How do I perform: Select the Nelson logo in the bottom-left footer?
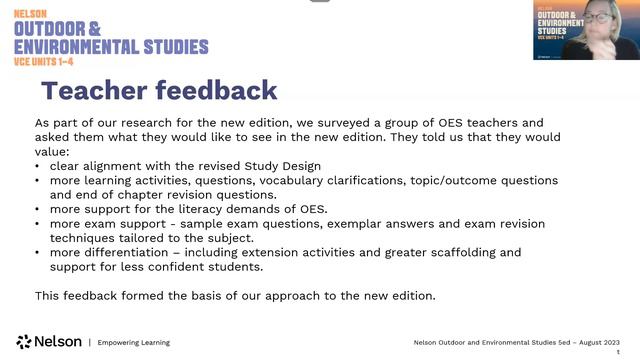(x=49, y=342)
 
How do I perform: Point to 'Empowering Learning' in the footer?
(x=133, y=342)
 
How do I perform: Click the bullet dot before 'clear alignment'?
(x=37, y=165)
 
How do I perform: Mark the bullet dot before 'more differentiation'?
(x=37, y=253)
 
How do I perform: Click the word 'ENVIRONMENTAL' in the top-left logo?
(x=111, y=46)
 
